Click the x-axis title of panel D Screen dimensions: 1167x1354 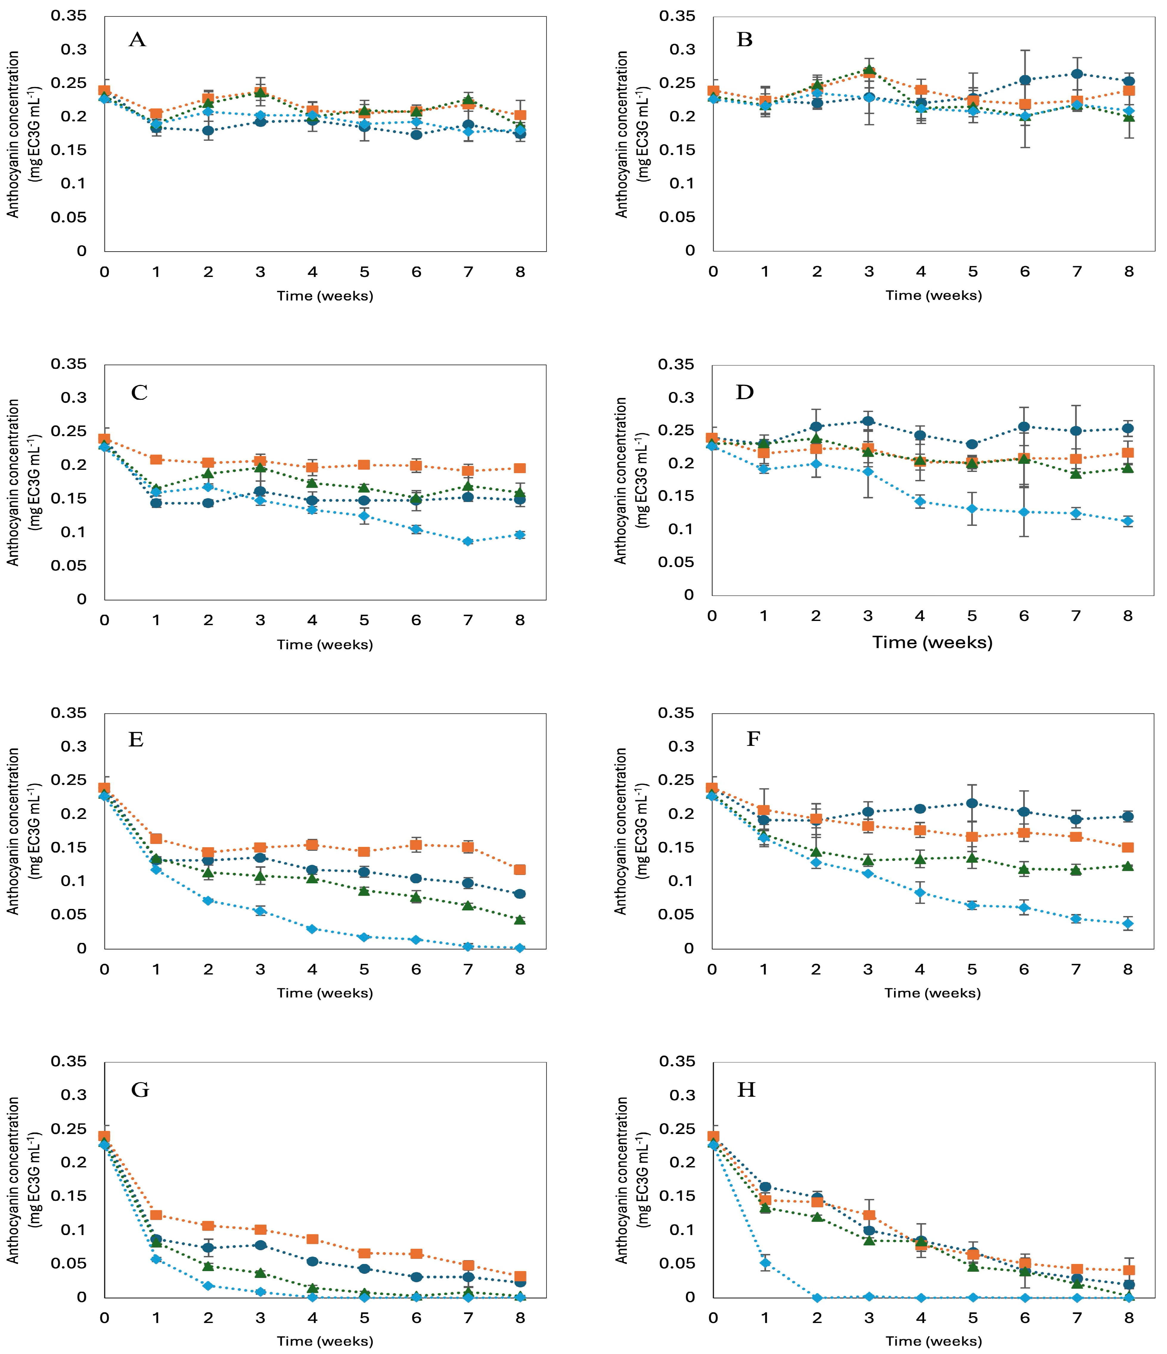coord(932,642)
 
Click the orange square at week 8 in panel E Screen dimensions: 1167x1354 coord(520,870)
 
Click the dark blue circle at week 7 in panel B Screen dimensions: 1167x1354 coord(1077,74)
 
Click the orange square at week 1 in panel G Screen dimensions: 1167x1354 coord(156,1215)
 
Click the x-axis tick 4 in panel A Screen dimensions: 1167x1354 coord(312,272)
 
